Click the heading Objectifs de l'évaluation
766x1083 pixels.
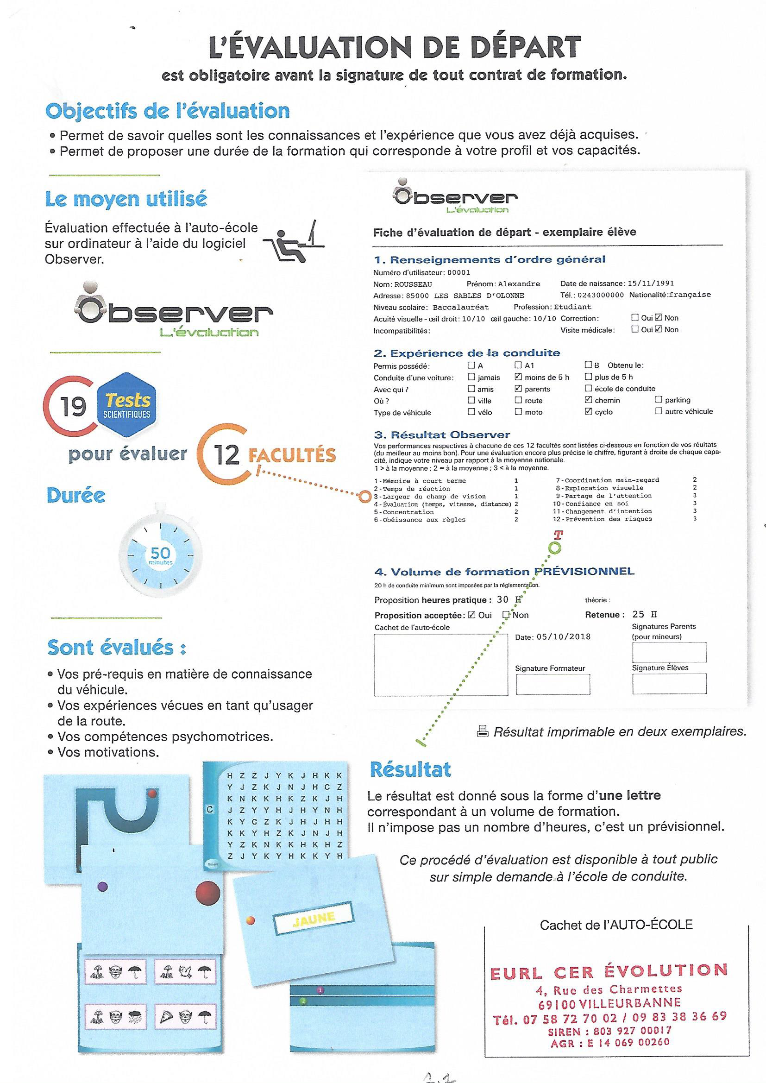(168, 111)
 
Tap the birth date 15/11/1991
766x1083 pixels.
(650, 283)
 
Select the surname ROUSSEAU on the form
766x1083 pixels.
(413, 284)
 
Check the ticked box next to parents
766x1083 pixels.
(518, 389)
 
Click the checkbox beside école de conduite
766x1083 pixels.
(588, 388)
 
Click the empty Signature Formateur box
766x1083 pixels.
(553, 684)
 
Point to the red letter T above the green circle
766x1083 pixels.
(559, 535)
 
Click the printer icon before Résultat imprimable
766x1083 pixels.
(482, 731)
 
